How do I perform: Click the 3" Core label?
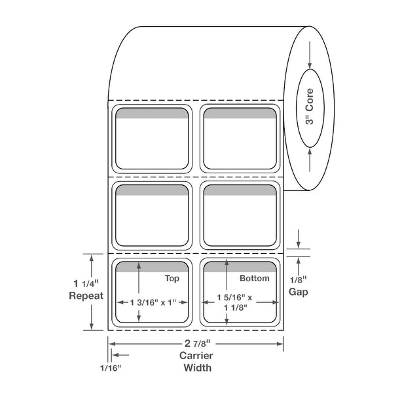tap(310, 107)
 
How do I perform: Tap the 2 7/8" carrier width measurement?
tap(197, 343)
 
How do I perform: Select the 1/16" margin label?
tap(110, 368)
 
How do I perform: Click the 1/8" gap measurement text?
tap(299, 280)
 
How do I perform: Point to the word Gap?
tap(299, 292)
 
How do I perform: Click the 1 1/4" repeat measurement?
tap(86, 283)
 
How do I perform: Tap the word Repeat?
tap(86, 296)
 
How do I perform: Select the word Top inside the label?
tap(172, 279)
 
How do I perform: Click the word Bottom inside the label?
tap(254, 278)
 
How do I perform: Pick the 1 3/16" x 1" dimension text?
tap(153, 302)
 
